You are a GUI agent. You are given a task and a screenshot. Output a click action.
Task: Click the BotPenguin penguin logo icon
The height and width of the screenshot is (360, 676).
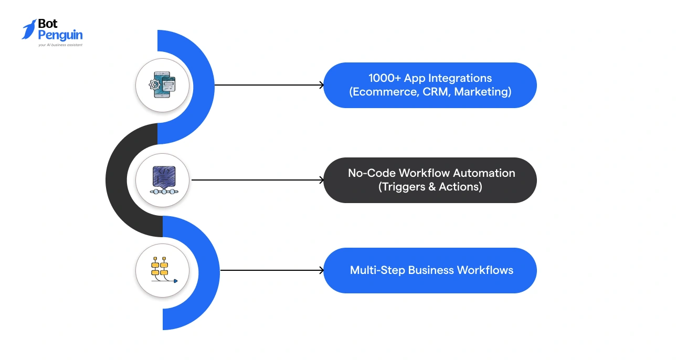(29, 29)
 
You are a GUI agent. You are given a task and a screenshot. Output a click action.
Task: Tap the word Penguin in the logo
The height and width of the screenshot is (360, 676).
(60, 35)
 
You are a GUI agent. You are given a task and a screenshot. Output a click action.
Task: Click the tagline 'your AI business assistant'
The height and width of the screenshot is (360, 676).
(60, 45)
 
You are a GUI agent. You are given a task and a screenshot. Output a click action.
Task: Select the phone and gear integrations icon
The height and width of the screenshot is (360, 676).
(162, 85)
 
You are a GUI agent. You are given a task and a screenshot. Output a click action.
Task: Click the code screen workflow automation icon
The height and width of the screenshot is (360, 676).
(162, 180)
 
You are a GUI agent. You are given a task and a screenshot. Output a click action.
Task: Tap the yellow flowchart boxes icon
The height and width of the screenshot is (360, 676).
(162, 270)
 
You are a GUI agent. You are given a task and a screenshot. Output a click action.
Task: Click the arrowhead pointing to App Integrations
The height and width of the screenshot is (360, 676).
(321, 85)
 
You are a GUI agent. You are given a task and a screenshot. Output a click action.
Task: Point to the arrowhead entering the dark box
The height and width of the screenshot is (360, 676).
(321, 180)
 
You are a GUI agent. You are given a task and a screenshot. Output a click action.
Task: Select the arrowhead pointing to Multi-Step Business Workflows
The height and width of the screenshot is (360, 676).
(321, 271)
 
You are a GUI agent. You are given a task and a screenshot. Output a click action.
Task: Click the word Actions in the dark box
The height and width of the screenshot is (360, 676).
(461, 187)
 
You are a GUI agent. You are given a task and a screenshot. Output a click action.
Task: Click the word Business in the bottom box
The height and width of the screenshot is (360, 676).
(430, 271)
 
